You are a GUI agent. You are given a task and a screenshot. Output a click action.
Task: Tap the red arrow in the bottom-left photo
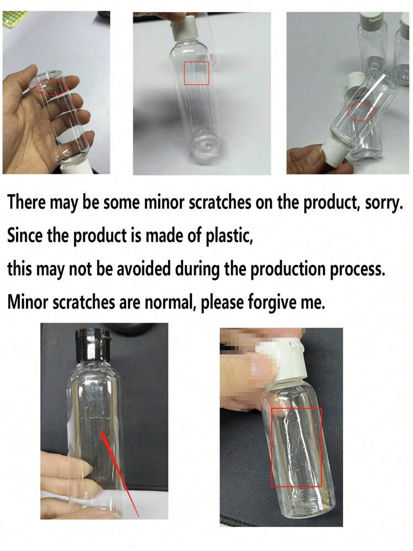pos(120,475)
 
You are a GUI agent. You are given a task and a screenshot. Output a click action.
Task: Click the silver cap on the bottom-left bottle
pos(93,346)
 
